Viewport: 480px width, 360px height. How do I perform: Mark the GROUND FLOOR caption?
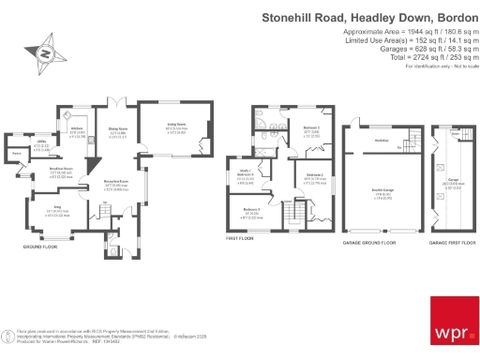[x=41, y=246]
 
